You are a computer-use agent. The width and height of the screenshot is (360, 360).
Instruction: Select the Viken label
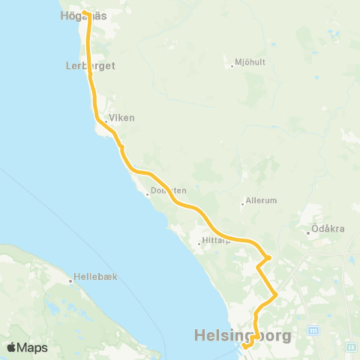click(x=122, y=118)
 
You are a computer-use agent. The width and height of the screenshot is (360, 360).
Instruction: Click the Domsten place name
click(x=168, y=190)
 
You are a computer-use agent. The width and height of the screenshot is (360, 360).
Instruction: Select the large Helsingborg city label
click(x=242, y=335)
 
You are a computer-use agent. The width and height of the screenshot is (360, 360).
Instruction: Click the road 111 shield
click(x=313, y=330)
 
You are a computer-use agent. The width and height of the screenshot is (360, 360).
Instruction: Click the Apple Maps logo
click(x=26, y=347)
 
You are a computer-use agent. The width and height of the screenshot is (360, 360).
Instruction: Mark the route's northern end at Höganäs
click(x=85, y=13)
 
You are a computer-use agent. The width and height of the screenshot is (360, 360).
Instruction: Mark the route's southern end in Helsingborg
click(x=245, y=346)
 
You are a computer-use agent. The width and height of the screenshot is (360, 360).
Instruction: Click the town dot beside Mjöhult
click(x=233, y=66)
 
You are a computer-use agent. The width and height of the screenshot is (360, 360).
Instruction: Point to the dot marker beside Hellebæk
click(x=70, y=281)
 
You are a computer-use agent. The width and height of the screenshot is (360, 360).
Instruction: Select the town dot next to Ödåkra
click(x=308, y=232)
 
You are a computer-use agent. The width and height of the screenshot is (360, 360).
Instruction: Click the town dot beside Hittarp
click(x=198, y=243)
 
